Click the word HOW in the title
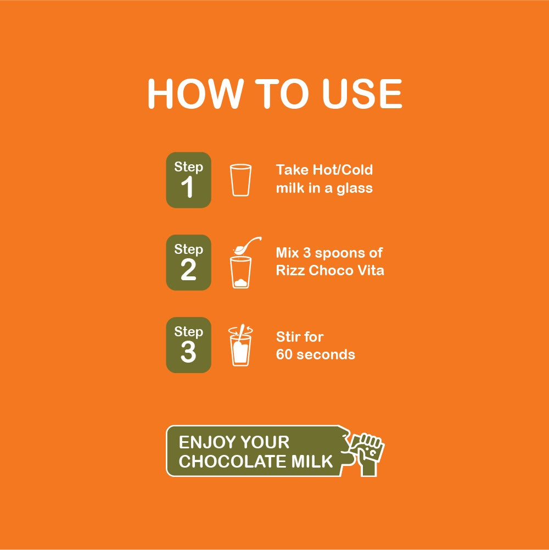tap(195, 93)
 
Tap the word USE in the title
tap(362, 93)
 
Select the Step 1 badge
tap(189, 180)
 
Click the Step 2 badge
tap(189, 263)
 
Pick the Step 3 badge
tap(189, 345)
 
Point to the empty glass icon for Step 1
tap(240, 180)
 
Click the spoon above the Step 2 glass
tap(247, 245)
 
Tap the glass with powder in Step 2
tap(240, 273)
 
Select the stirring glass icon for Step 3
tap(240, 346)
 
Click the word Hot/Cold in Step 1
tap(343, 170)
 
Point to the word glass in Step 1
tap(355, 188)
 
